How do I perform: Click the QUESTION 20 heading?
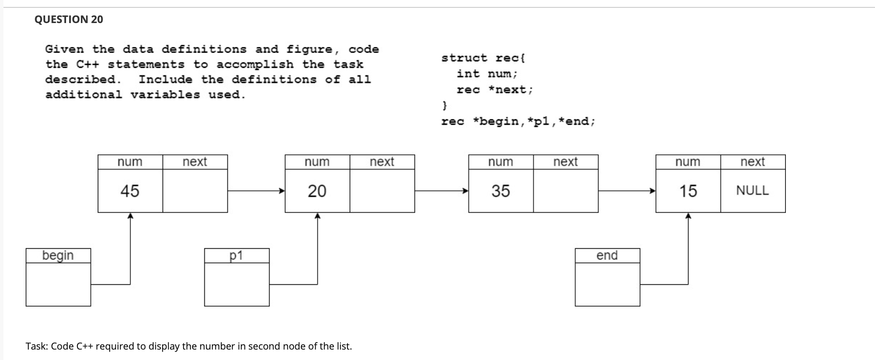[x=69, y=20]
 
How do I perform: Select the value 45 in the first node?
[x=130, y=191]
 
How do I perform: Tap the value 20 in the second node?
[x=317, y=191]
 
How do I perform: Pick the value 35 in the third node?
[x=501, y=191]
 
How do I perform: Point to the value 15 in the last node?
[x=688, y=191]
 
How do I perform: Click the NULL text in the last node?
[x=752, y=190]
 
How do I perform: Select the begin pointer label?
[x=58, y=255]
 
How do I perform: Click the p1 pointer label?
[x=236, y=255]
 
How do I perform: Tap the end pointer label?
[x=607, y=255]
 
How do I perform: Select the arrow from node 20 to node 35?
[x=441, y=190]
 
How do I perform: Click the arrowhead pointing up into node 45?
[x=130, y=216]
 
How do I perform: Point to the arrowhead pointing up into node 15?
[x=688, y=216]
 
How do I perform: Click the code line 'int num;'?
[x=487, y=74]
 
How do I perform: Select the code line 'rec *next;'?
[x=494, y=90]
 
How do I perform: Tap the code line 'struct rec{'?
[x=483, y=58]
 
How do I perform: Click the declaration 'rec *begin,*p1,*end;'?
[x=518, y=121]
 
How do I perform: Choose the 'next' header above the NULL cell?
[x=752, y=162]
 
